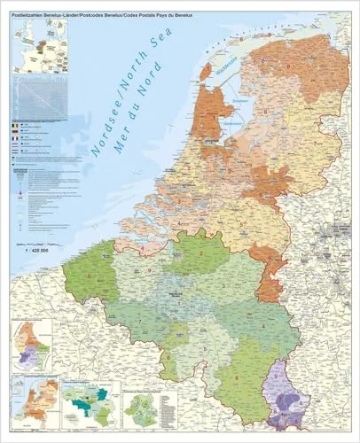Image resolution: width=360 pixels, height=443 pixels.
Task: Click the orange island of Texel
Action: [206, 71]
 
